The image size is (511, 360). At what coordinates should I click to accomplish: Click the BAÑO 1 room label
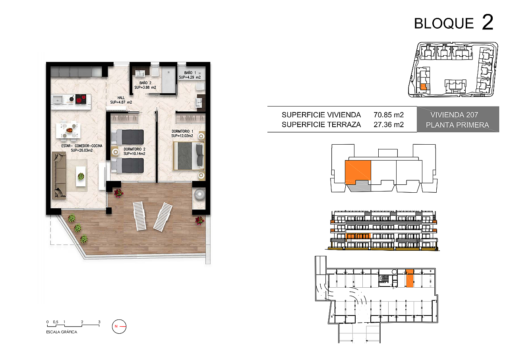190,75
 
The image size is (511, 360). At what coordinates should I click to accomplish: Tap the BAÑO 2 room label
145,85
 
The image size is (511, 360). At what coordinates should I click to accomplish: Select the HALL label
121,100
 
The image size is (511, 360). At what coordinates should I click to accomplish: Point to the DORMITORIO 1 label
182,134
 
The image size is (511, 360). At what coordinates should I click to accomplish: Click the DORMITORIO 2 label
134,151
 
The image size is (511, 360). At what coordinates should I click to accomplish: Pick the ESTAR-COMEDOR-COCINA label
82,148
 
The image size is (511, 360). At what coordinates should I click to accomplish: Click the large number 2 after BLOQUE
488,22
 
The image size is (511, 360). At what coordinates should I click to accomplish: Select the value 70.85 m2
389,115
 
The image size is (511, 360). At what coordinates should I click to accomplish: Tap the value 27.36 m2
389,124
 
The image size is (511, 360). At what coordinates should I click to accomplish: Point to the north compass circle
119,327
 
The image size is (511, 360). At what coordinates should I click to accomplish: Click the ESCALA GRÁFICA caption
62,332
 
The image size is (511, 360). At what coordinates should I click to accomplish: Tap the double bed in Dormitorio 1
189,156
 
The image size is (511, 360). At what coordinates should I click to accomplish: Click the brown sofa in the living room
59,176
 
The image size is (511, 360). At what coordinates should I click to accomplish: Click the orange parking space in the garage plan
410,278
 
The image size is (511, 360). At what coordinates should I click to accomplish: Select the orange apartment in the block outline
358,172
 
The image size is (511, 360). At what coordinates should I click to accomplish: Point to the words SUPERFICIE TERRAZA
321,124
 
